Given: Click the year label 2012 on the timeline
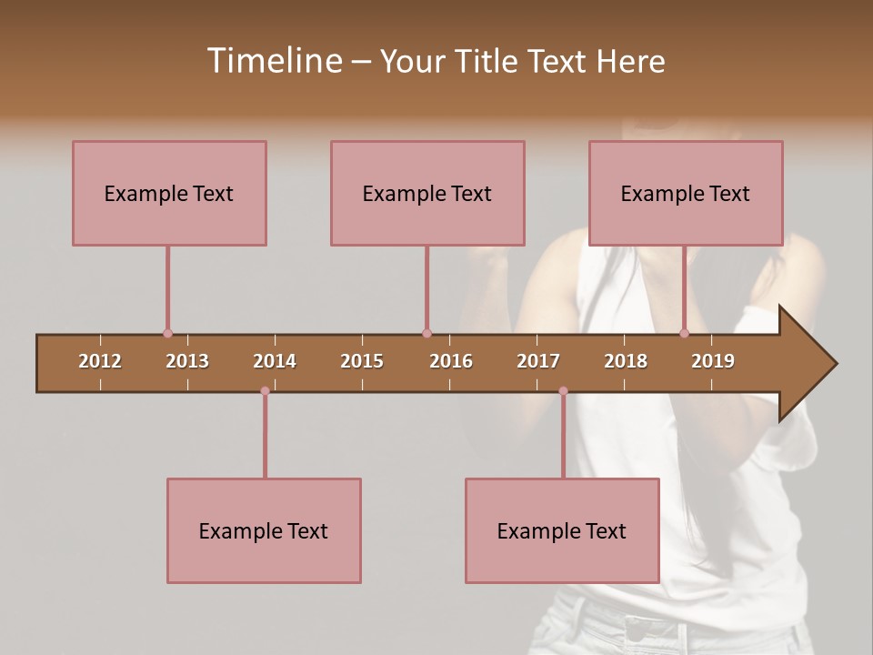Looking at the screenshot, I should (100, 361).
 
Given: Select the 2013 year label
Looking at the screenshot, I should (187, 361).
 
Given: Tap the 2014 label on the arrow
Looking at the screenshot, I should (275, 361).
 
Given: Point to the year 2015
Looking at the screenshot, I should (362, 361).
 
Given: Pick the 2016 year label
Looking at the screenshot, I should (451, 361).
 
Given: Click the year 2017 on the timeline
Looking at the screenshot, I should (538, 361).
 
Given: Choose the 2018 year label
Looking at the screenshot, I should (626, 361).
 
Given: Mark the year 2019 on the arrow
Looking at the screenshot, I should (713, 361).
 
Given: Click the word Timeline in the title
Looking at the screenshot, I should (273, 61).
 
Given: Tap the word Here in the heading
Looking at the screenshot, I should (630, 61).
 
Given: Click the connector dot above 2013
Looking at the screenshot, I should (167, 334).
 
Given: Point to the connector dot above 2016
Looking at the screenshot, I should (426, 334).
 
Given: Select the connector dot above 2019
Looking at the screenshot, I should (685, 334).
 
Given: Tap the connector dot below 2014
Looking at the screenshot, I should (265, 391).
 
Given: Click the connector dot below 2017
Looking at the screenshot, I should (563, 391).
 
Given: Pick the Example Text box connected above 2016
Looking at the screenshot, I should (427, 193).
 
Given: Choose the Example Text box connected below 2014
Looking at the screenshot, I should (264, 530).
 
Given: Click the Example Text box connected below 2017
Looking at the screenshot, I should (562, 530).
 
